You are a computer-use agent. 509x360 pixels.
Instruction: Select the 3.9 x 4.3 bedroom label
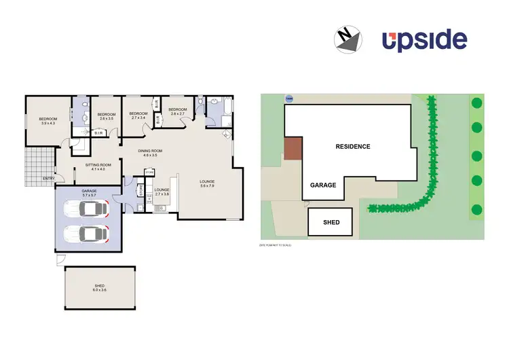pos(48,121)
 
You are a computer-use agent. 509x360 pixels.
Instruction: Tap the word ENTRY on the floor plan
pos(48,179)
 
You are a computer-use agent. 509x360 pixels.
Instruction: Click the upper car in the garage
pos(85,209)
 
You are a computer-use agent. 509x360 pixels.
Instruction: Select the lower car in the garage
pos(85,234)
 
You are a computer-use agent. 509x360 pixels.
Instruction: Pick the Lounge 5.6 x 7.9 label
pos(207,183)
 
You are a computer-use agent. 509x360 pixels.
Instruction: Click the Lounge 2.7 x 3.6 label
pos(162,192)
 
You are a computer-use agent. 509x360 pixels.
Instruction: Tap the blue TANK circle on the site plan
pos(289,98)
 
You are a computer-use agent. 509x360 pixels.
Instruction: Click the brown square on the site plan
pos(292,149)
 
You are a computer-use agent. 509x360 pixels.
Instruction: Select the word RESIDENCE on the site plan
pos(353,146)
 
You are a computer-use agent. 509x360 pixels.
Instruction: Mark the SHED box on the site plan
pos(331,222)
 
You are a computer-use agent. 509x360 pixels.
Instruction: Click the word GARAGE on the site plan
pos(323,185)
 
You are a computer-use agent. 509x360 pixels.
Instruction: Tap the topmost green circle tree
pos(476,103)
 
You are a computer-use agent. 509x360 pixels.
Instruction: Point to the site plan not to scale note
pos(275,245)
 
